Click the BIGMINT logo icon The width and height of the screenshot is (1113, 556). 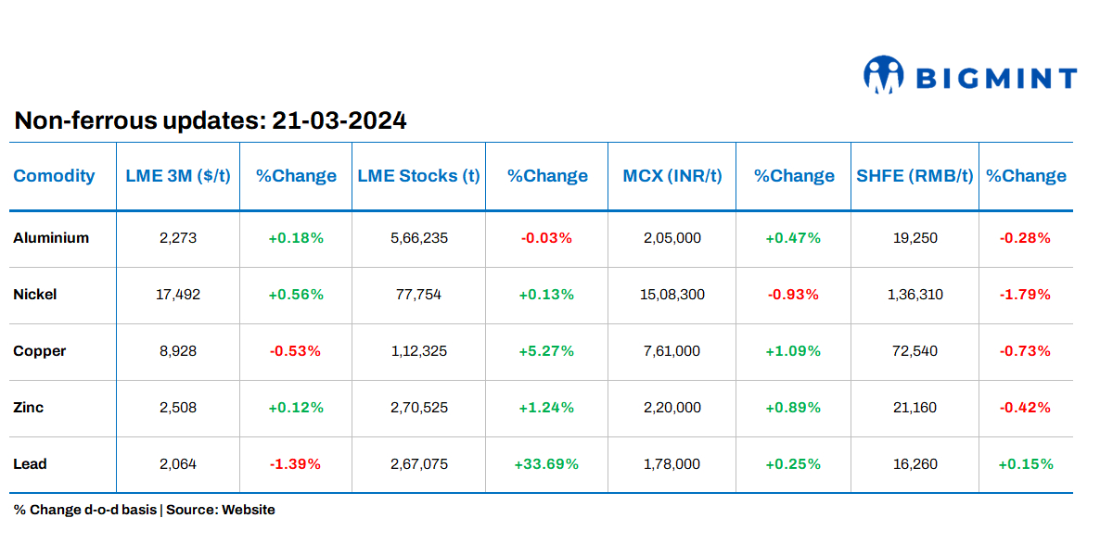coord(883,75)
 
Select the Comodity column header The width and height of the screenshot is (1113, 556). coord(54,176)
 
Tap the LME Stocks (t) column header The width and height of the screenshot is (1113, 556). coord(418,176)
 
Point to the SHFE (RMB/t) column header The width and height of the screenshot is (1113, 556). coord(914,176)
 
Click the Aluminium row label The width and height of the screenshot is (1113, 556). coord(51,238)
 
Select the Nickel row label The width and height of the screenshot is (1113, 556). coord(35,295)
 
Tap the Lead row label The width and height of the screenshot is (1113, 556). coord(30,464)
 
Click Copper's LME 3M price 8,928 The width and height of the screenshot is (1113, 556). coord(178,351)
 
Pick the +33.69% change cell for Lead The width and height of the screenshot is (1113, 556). coord(546,464)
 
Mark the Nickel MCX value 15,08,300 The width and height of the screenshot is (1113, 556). coord(672,295)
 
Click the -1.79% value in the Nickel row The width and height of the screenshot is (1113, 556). coord(1025,295)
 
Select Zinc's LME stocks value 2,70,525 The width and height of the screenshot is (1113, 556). coord(420,408)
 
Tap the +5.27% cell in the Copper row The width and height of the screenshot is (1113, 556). coord(546,351)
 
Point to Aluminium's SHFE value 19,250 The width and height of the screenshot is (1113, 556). coord(915,238)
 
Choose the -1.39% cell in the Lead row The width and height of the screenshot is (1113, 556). coord(296,464)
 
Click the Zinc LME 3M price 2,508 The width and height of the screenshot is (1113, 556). coord(178,408)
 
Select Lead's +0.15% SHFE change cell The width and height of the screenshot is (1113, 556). coord(1025,464)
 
